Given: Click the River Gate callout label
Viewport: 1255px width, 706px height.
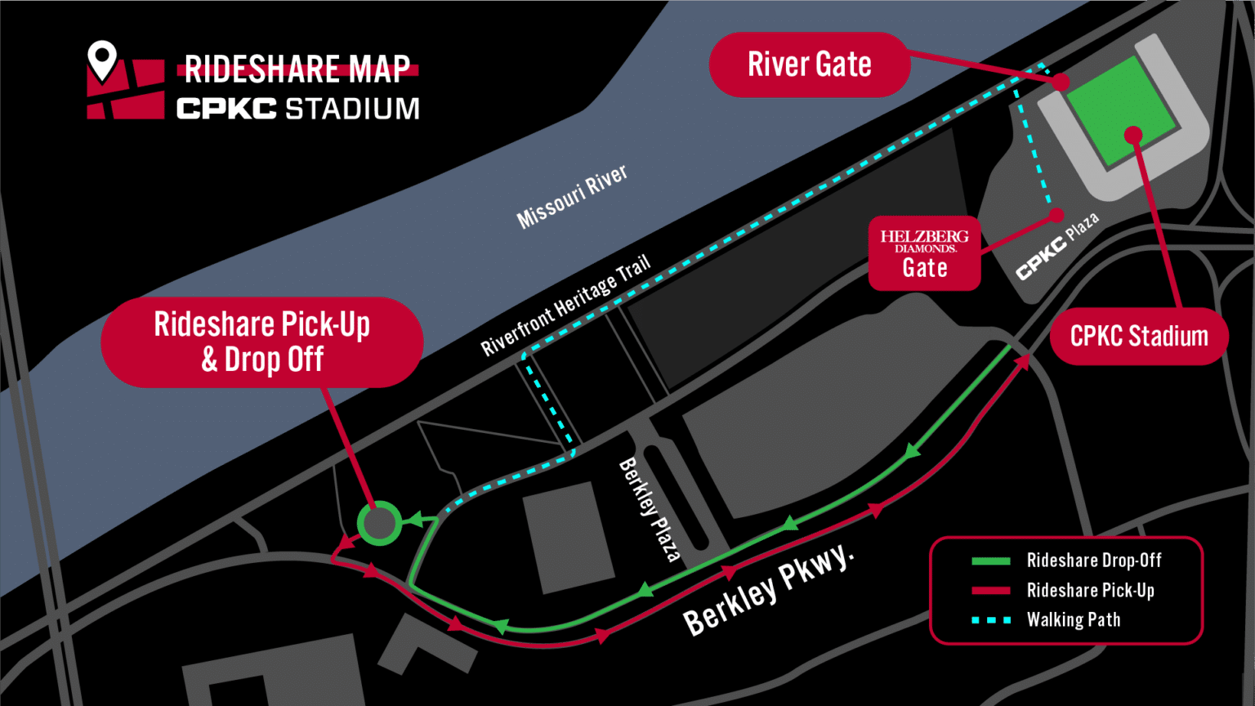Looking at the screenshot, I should (809, 65).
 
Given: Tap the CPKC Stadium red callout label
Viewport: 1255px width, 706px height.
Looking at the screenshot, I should (1138, 336).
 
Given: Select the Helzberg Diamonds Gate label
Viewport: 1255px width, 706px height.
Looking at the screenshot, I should (924, 253).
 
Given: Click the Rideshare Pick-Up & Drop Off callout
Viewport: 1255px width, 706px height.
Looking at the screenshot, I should (261, 342).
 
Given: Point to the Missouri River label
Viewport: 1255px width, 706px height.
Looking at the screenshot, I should (572, 197).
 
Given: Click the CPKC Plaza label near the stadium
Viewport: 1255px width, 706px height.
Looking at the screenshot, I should (1057, 246).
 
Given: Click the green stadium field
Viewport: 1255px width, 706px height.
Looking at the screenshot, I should (1120, 111).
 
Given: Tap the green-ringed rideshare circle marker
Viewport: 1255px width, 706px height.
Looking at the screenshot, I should (379, 523).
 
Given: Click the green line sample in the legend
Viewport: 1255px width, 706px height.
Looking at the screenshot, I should (990, 561).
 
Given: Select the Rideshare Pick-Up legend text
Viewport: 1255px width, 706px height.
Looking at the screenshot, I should (1090, 590).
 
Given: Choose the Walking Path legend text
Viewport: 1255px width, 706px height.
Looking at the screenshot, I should (1073, 619).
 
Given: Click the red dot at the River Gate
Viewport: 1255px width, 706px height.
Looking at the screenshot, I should (1061, 82).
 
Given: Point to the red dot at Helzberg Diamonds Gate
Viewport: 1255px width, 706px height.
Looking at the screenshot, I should (1056, 215).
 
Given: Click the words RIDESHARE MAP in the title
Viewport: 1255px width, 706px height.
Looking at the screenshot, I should (297, 69).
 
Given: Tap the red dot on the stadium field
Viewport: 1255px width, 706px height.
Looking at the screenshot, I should (1132, 135).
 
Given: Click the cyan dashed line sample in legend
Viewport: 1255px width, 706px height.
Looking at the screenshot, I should (990, 620).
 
